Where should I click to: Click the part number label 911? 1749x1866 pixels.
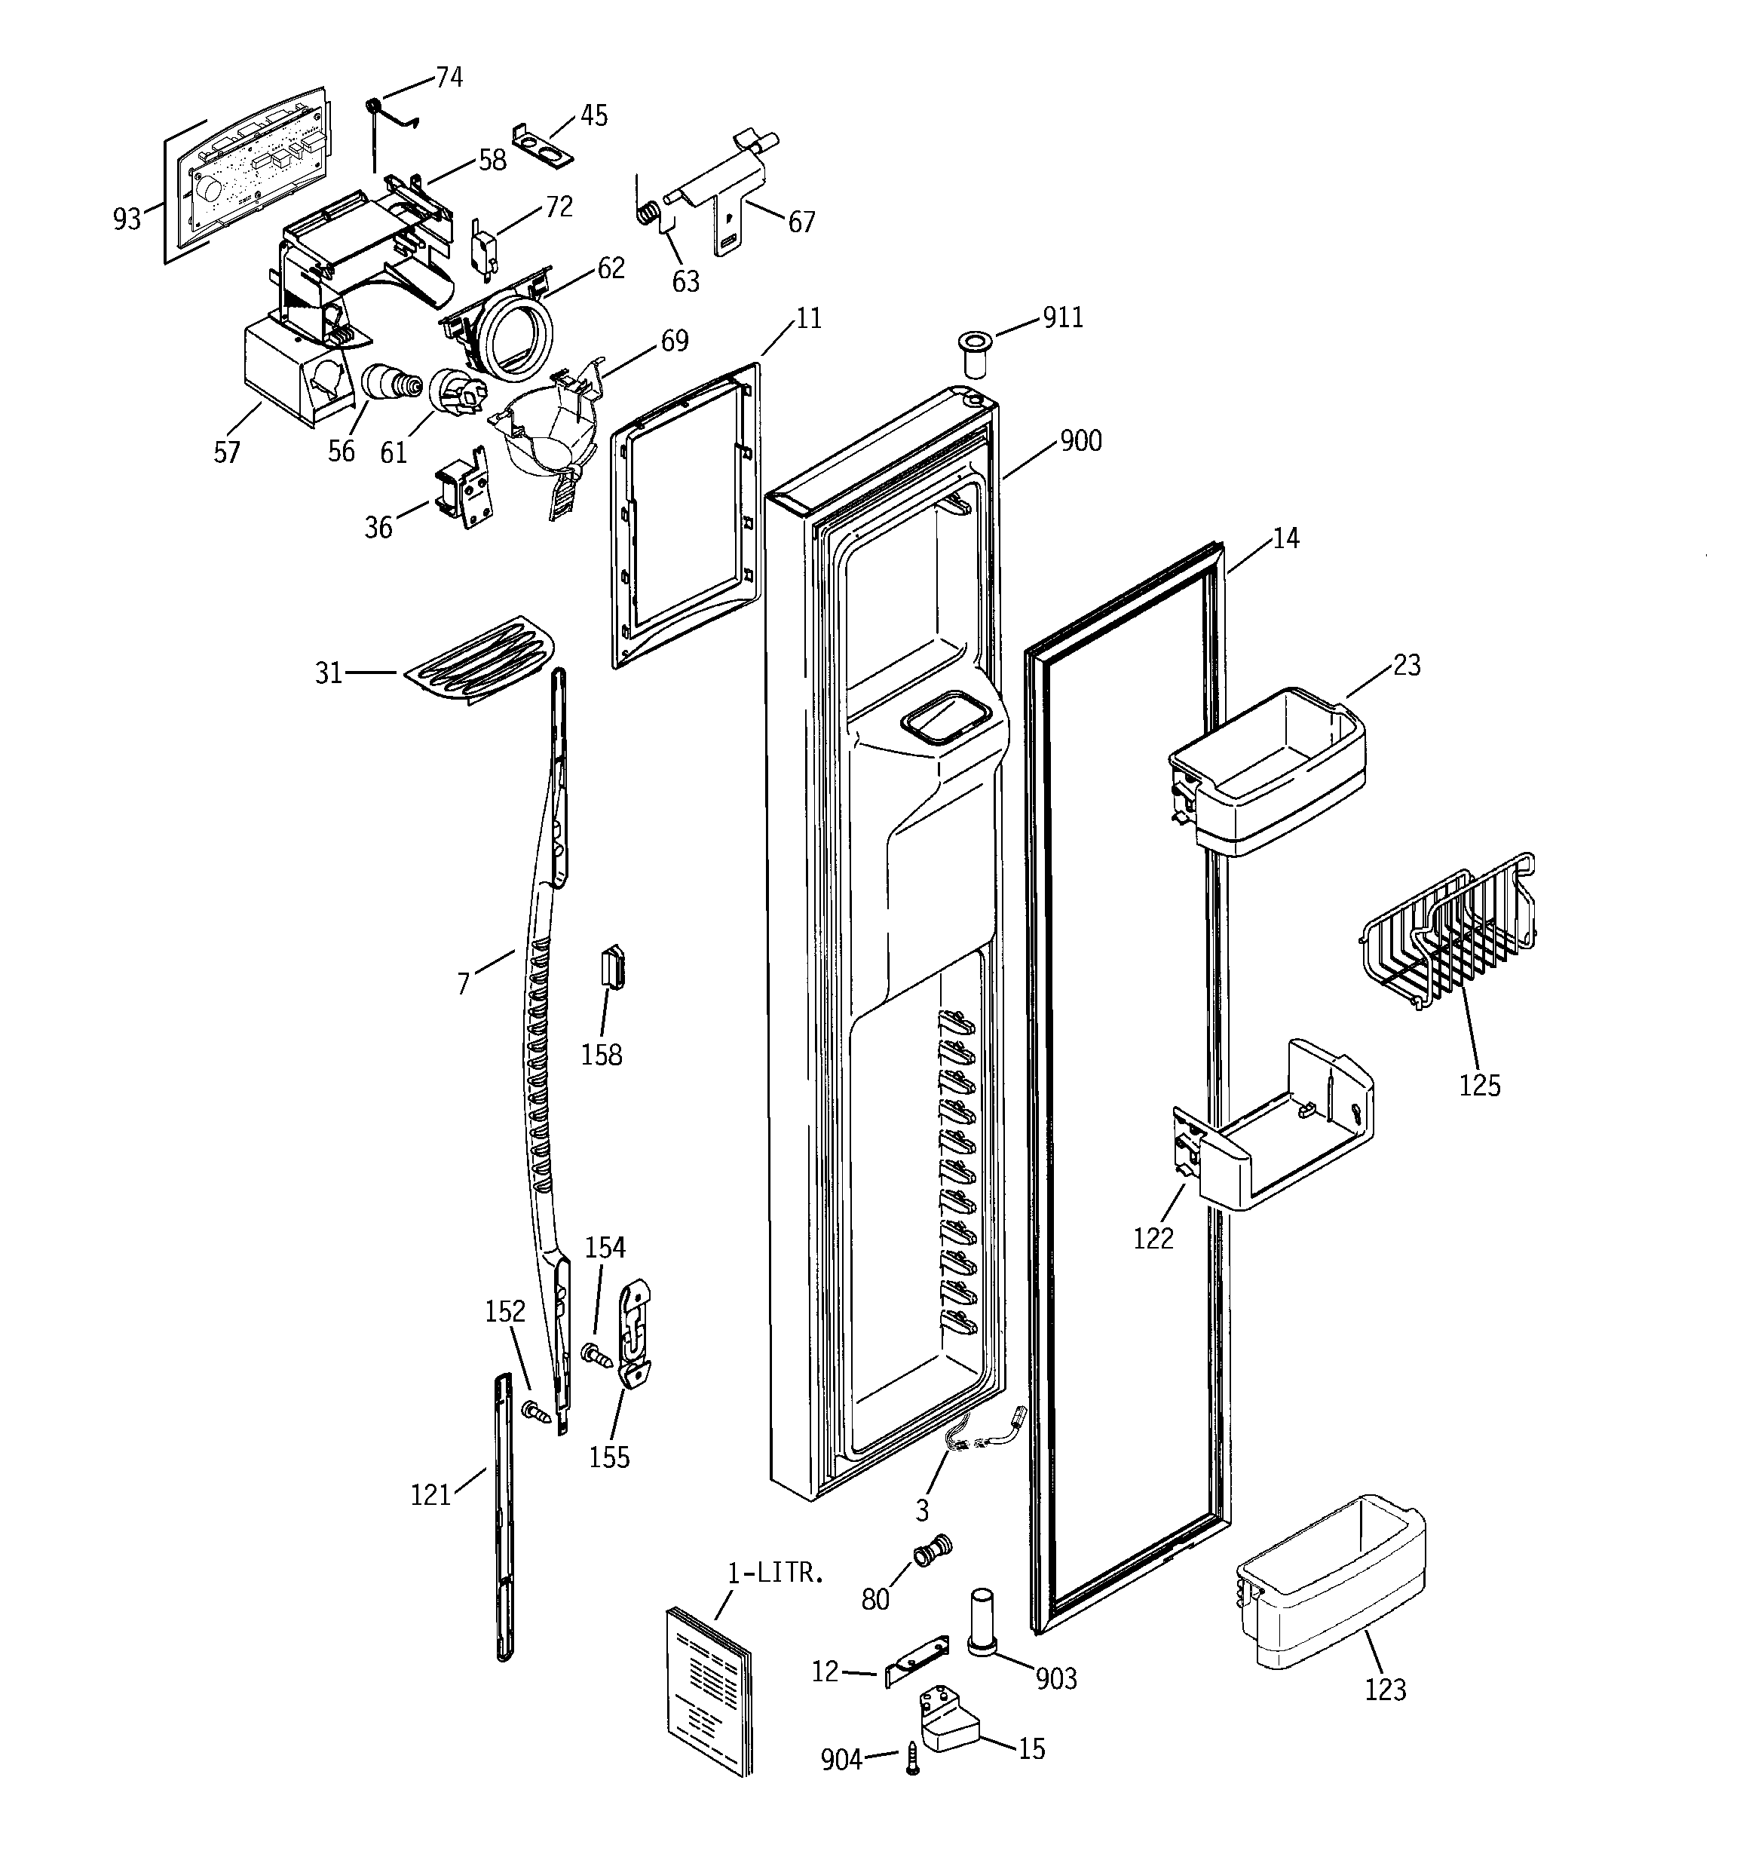click(1063, 318)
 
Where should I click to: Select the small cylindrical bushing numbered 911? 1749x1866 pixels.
click(975, 353)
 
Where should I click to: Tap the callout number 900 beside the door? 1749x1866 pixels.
click(1080, 441)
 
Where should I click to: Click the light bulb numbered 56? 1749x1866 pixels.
click(390, 383)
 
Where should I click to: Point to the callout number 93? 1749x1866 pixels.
click(126, 219)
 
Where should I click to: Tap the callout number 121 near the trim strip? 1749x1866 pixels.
click(431, 1495)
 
